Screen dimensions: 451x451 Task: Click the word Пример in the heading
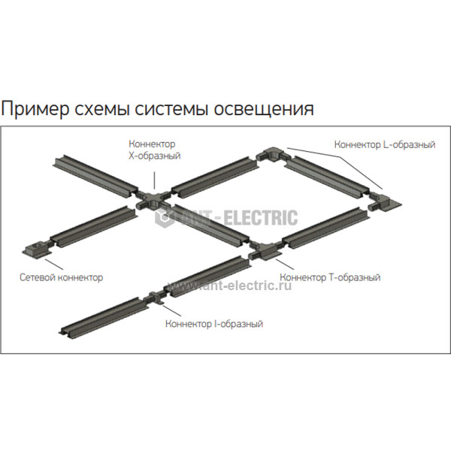(x=31, y=110)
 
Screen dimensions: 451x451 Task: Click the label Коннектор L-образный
(x=386, y=143)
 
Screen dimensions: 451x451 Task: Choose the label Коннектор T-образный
(x=329, y=277)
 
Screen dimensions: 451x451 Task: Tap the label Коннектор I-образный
(x=214, y=324)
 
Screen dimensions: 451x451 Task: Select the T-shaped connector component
(x=265, y=251)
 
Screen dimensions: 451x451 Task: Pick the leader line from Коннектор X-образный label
(x=153, y=174)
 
